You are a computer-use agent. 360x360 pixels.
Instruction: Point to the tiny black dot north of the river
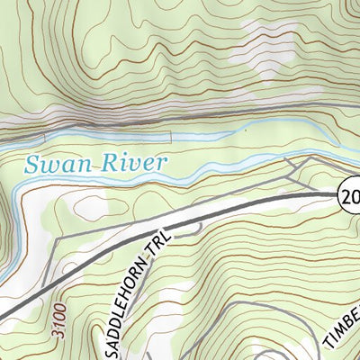(x=246, y=130)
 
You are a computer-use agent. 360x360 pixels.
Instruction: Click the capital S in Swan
(x=33, y=165)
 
